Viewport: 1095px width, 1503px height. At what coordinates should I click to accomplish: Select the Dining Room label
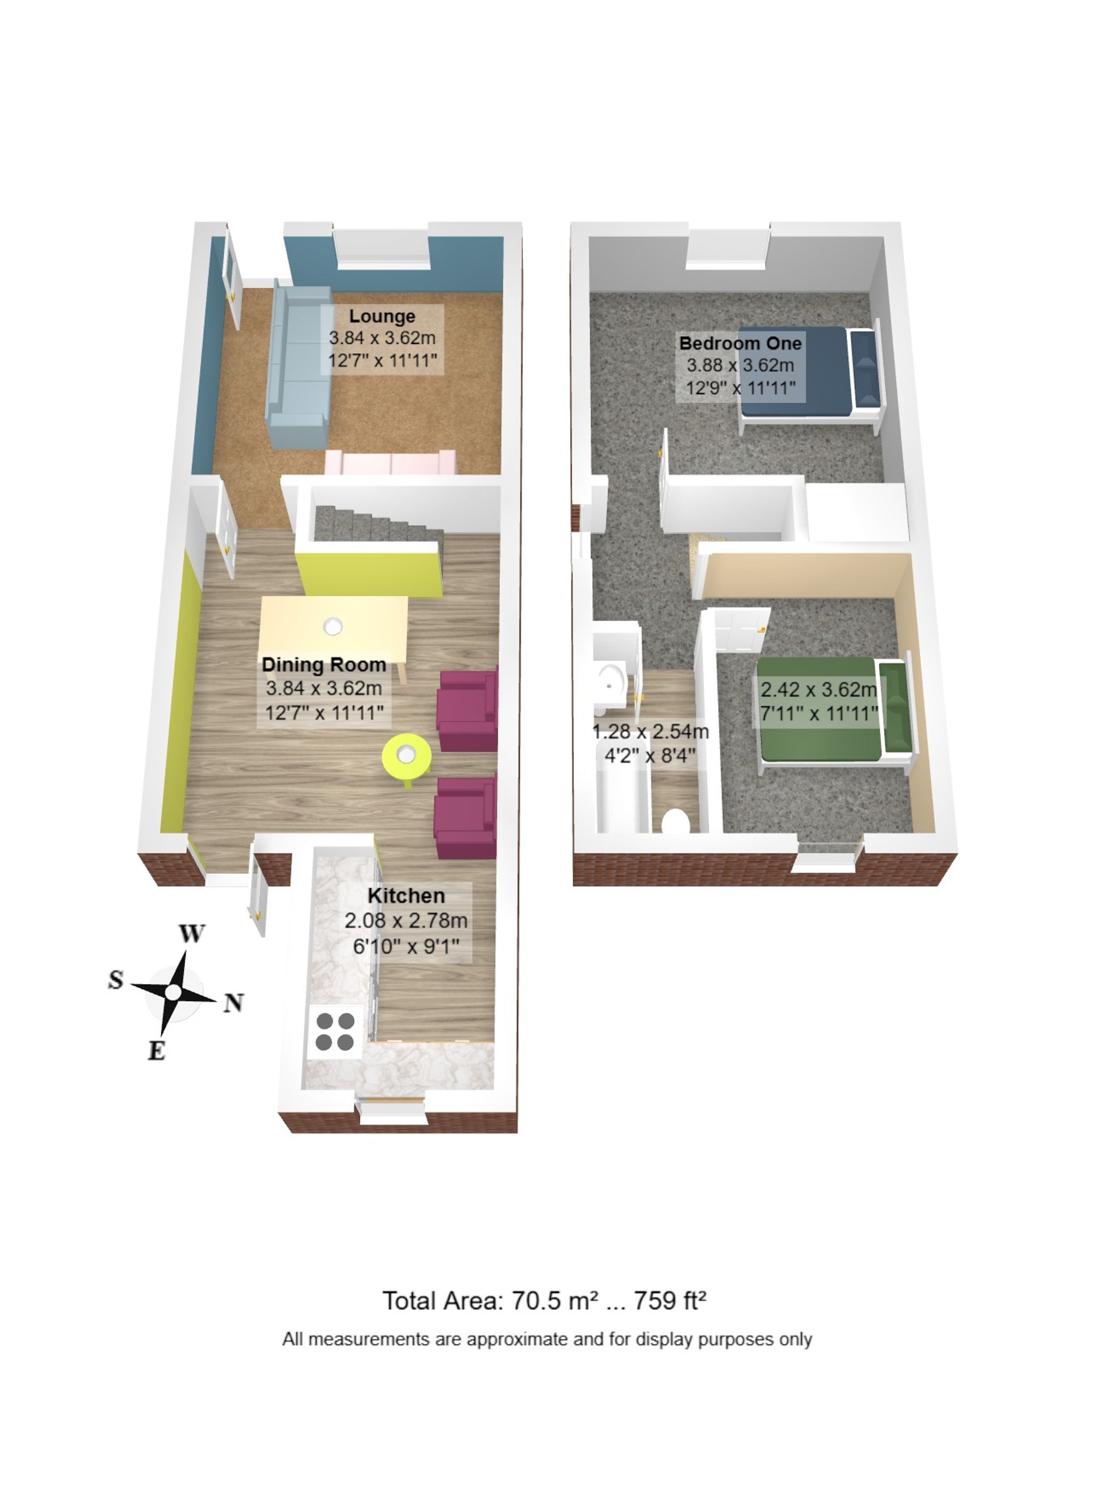(324, 664)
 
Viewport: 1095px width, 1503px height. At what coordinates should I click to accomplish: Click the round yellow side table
(406, 755)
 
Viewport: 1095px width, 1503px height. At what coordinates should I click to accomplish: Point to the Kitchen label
(406, 896)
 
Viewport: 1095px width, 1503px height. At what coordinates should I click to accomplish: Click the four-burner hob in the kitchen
(335, 1031)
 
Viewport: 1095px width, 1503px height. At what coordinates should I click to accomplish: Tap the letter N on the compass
(233, 1002)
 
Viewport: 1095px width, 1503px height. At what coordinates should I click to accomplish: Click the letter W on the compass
(192, 933)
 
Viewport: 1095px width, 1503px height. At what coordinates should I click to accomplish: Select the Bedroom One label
(740, 343)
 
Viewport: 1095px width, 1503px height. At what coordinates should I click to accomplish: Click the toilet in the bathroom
(676, 821)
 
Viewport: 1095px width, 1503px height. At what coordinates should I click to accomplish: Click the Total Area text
(544, 1301)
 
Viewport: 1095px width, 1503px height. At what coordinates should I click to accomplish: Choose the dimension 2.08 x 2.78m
(406, 921)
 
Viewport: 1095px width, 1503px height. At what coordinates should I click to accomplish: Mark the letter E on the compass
(157, 1051)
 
